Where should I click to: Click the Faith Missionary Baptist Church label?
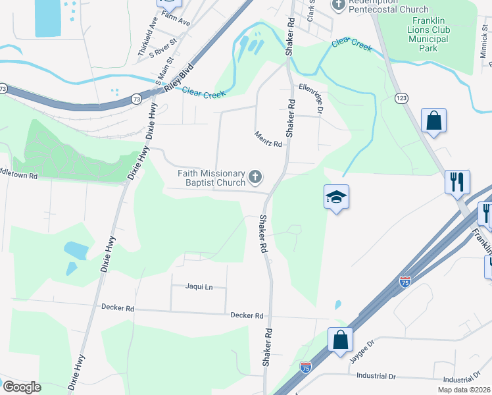click(211, 177)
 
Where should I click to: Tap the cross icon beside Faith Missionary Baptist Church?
click(255, 177)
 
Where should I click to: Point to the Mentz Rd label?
click(268, 140)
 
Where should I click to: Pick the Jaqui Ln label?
click(199, 287)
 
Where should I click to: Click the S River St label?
click(163, 50)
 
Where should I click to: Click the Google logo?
click(22, 387)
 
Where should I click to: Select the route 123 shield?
click(401, 97)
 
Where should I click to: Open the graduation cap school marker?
click(336, 196)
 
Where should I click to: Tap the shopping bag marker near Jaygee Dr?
click(340, 340)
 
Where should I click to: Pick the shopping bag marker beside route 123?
click(433, 120)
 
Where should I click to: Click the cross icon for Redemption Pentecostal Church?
click(338, 6)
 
